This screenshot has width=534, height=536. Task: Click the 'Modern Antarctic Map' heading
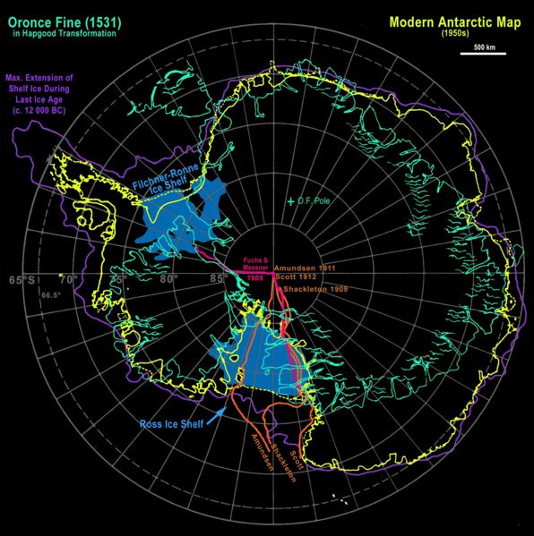(x=452, y=19)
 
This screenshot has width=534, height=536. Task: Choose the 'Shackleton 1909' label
(x=312, y=288)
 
